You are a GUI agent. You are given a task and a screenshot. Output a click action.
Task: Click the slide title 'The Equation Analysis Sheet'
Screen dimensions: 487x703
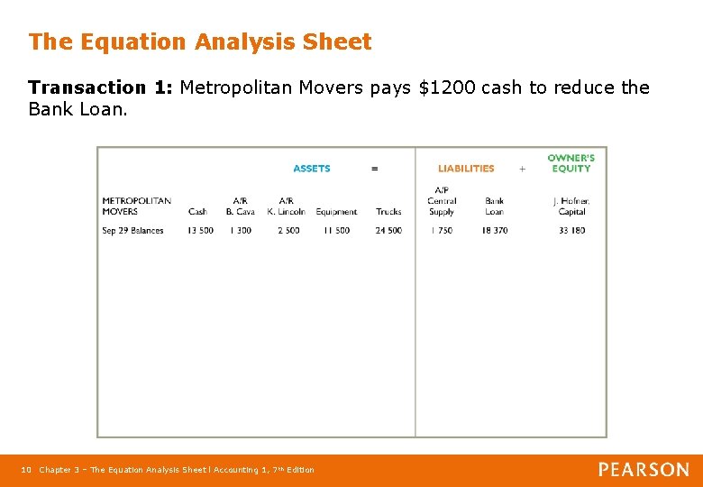tap(199, 42)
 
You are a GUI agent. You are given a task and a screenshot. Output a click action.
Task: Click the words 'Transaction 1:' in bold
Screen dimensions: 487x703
tap(101, 87)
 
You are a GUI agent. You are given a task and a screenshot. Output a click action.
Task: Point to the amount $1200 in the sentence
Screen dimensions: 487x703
tap(448, 87)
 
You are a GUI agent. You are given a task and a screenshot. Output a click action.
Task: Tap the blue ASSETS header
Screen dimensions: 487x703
tap(312, 169)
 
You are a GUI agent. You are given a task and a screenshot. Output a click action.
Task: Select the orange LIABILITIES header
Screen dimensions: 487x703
tap(466, 169)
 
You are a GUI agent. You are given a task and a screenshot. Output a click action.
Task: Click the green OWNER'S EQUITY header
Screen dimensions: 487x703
tap(571, 163)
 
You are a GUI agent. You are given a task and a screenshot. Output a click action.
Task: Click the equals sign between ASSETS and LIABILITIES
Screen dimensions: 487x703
tap(375, 169)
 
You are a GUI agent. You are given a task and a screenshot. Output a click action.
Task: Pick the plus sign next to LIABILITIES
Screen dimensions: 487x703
tap(522, 169)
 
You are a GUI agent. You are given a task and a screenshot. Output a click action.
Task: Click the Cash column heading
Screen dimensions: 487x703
tap(197, 212)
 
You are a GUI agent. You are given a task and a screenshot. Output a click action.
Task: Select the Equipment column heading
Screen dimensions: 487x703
tap(336, 212)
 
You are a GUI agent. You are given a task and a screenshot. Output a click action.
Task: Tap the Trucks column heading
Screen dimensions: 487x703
tap(388, 212)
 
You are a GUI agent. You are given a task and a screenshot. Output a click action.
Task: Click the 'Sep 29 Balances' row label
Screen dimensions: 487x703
tap(132, 231)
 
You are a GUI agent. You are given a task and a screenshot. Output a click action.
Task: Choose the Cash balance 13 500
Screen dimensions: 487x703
tap(200, 231)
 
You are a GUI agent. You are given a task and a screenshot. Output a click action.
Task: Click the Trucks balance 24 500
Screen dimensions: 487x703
tap(388, 231)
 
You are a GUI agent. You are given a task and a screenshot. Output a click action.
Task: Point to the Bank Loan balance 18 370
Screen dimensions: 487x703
tap(494, 231)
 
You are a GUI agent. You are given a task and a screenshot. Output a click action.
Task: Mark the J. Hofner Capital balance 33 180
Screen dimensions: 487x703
tap(571, 231)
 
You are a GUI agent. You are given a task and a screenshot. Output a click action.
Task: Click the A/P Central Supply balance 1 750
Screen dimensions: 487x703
tap(441, 231)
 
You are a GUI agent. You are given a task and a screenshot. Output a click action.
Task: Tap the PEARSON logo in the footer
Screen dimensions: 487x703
tap(644, 470)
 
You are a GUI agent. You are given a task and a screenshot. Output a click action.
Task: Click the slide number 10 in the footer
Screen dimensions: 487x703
tap(26, 470)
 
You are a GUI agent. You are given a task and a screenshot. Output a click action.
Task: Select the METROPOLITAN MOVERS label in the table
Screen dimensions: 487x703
tap(136, 207)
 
